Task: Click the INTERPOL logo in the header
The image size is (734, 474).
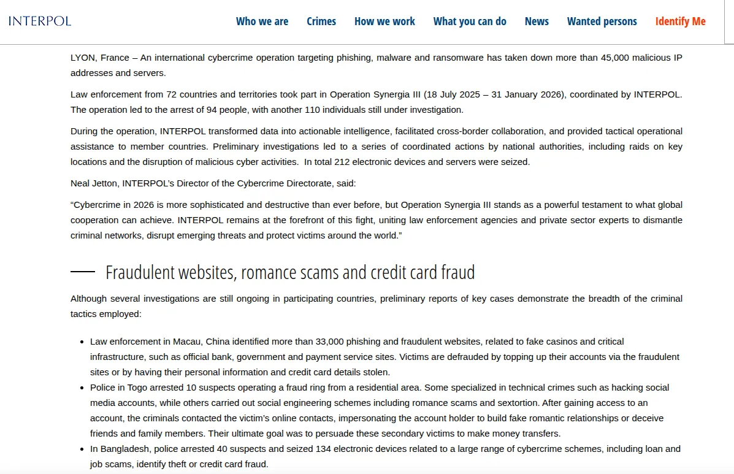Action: click(x=40, y=21)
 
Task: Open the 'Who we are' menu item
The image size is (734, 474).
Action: click(x=262, y=21)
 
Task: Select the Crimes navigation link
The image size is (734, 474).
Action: click(x=321, y=21)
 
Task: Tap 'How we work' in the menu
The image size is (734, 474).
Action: click(x=384, y=21)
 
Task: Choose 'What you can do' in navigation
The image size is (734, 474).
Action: click(x=470, y=21)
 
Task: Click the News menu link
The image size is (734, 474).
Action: click(x=537, y=21)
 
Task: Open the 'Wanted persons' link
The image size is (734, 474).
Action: click(x=602, y=21)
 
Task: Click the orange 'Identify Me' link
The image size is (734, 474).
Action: click(x=680, y=21)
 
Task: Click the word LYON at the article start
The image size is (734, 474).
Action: click(x=83, y=58)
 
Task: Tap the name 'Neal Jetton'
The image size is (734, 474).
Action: click(x=94, y=183)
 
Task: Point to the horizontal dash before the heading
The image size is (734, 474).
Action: click(x=83, y=271)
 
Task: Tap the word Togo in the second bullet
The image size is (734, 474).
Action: click(x=136, y=388)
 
